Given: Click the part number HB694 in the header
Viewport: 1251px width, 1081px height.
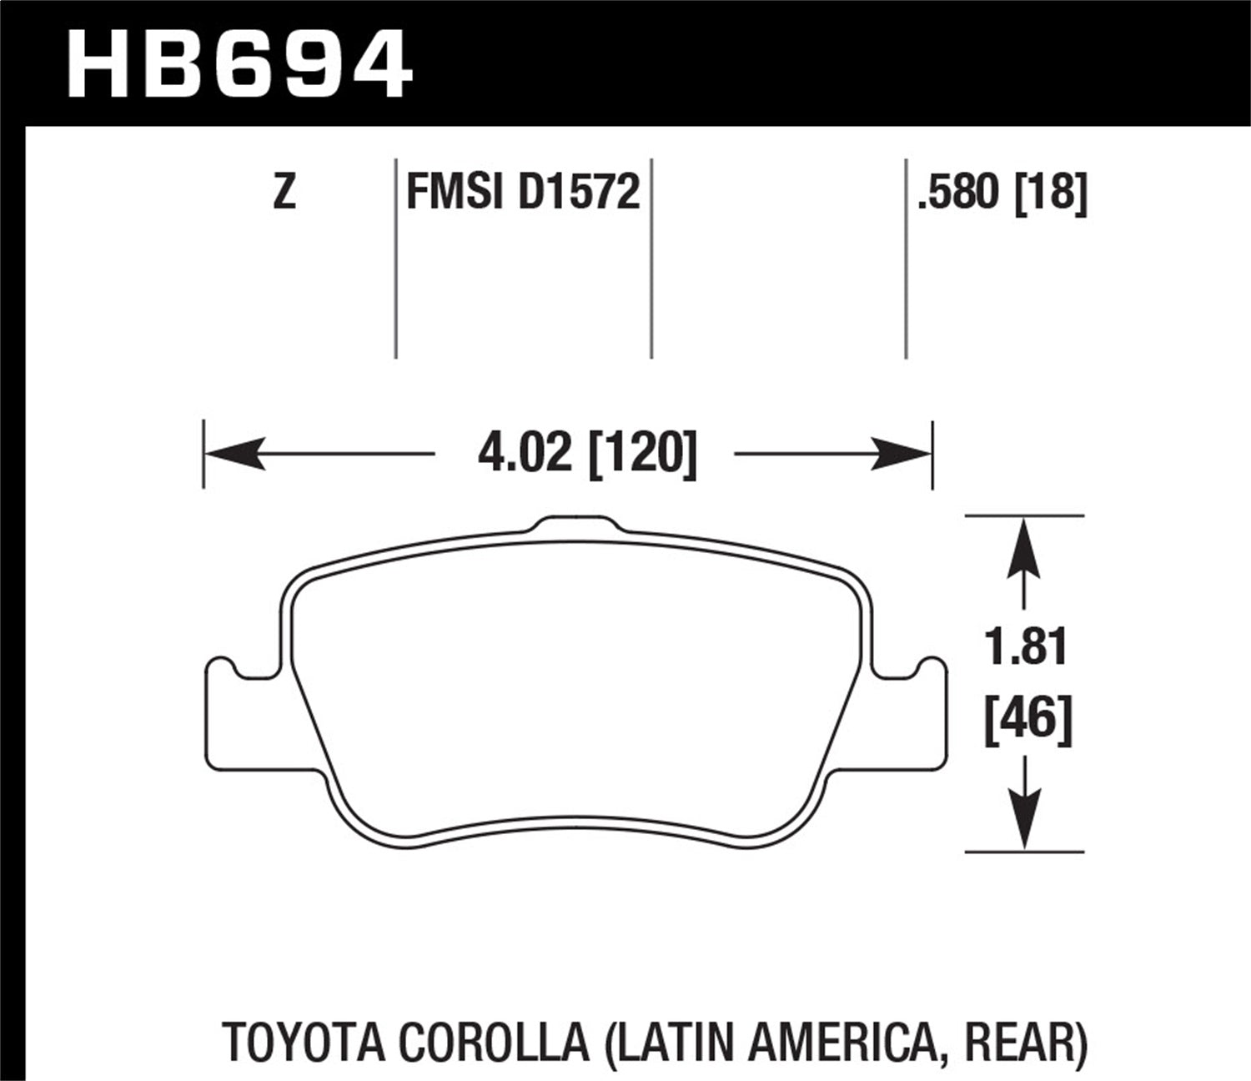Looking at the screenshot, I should tap(239, 63).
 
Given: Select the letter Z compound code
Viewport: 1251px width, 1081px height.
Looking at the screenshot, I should tap(284, 193).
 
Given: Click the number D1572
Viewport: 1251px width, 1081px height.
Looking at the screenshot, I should tap(579, 193).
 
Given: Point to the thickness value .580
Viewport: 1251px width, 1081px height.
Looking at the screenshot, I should tap(957, 193).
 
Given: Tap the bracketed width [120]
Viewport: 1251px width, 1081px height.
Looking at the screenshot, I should tap(642, 455).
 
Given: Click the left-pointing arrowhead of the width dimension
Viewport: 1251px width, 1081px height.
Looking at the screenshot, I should tap(235, 455).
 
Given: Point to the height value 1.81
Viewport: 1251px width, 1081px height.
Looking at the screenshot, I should tap(1027, 647).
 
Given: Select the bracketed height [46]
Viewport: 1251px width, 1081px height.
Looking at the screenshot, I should tap(1027, 719).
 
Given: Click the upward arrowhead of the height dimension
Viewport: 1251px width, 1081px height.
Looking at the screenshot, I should tap(1024, 547).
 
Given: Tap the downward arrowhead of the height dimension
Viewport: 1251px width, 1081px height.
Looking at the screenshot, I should tap(1024, 821).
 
